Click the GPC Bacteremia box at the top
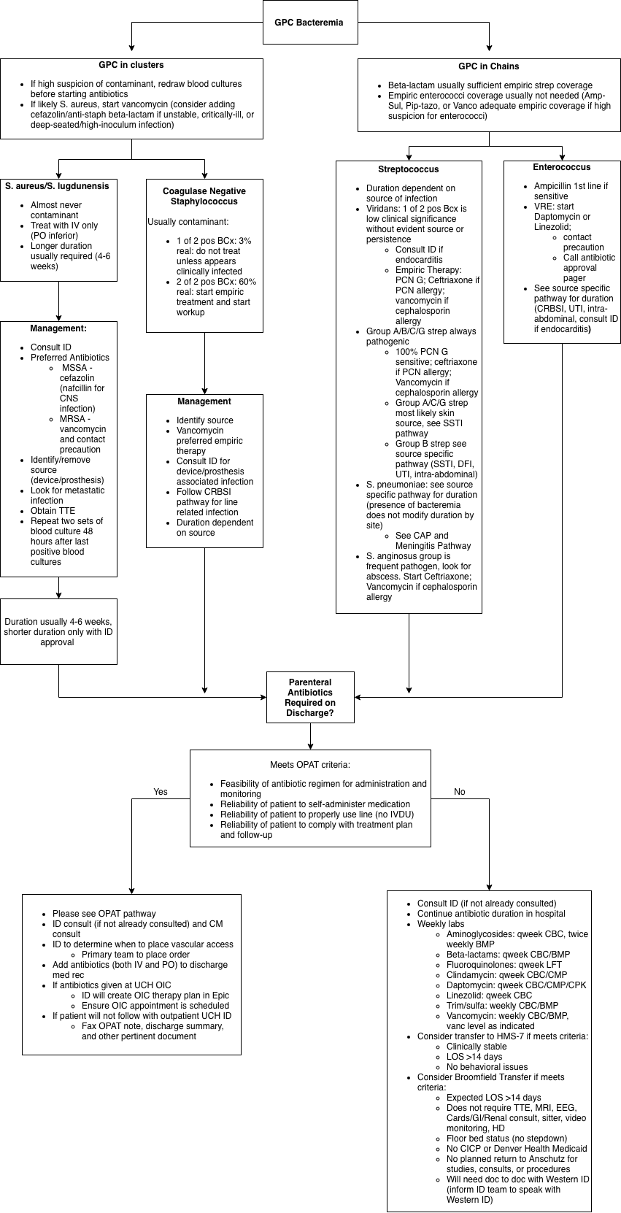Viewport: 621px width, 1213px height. tap(310, 22)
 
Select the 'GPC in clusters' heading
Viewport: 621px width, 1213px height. tap(131, 65)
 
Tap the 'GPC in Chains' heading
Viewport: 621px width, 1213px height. tap(489, 66)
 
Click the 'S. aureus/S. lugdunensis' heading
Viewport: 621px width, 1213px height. tap(58, 186)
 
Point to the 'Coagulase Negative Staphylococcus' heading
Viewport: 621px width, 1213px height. tap(204, 196)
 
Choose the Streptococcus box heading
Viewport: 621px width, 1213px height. tap(408, 169)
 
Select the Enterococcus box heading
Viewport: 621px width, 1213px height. tap(561, 167)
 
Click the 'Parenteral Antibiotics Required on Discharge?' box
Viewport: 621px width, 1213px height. tap(310, 698)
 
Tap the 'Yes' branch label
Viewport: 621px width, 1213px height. tap(161, 792)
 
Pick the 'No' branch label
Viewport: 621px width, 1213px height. tap(460, 792)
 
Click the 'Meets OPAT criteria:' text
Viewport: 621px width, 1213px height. tap(310, 765)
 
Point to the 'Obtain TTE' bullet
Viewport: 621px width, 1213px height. tap(53, 511)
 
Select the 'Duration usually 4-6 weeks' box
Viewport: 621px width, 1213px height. tap(58, 631)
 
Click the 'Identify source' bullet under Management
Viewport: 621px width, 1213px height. tap(204, 420)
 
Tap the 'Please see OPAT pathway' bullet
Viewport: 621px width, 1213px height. tap(104, 914)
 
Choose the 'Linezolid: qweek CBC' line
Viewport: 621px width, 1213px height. tap(489, 996)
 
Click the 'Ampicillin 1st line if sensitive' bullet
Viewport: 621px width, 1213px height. tap(571, 191)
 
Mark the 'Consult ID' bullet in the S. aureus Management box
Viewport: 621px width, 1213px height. tap(51, 347)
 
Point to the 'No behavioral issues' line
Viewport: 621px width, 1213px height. tap(487, 1067)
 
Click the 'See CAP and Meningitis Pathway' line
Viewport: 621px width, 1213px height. tap(433, 540)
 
